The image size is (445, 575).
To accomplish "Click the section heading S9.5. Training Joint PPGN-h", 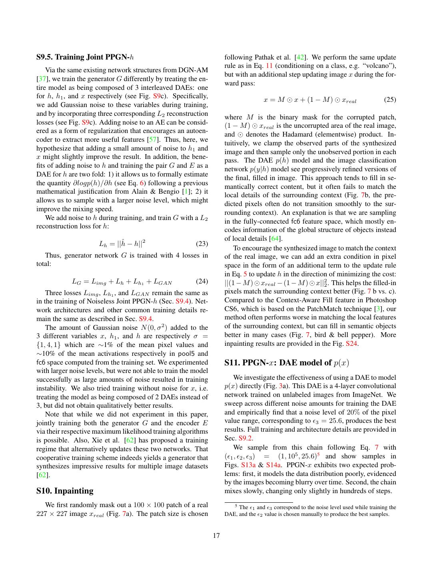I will [85, 57].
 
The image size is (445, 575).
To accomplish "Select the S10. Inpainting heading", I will [65, 491].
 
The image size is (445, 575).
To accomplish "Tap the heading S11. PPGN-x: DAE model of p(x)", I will [287, 363].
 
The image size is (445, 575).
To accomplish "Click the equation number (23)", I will [202, 244].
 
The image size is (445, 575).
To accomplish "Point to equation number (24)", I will [202, 282].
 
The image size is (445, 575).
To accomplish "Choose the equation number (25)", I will [390, 99].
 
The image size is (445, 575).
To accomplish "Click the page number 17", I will [216, 536].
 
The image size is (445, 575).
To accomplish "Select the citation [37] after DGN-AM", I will [42, 79].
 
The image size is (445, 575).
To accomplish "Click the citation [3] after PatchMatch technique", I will [377, 309].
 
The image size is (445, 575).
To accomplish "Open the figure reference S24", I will [351, 344].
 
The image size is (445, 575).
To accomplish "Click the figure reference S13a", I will [248, 465].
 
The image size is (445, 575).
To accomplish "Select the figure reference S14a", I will [274, 465].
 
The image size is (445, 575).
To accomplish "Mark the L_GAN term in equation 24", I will [163, 282].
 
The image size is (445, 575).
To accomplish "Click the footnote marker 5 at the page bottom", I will [236, 506].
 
